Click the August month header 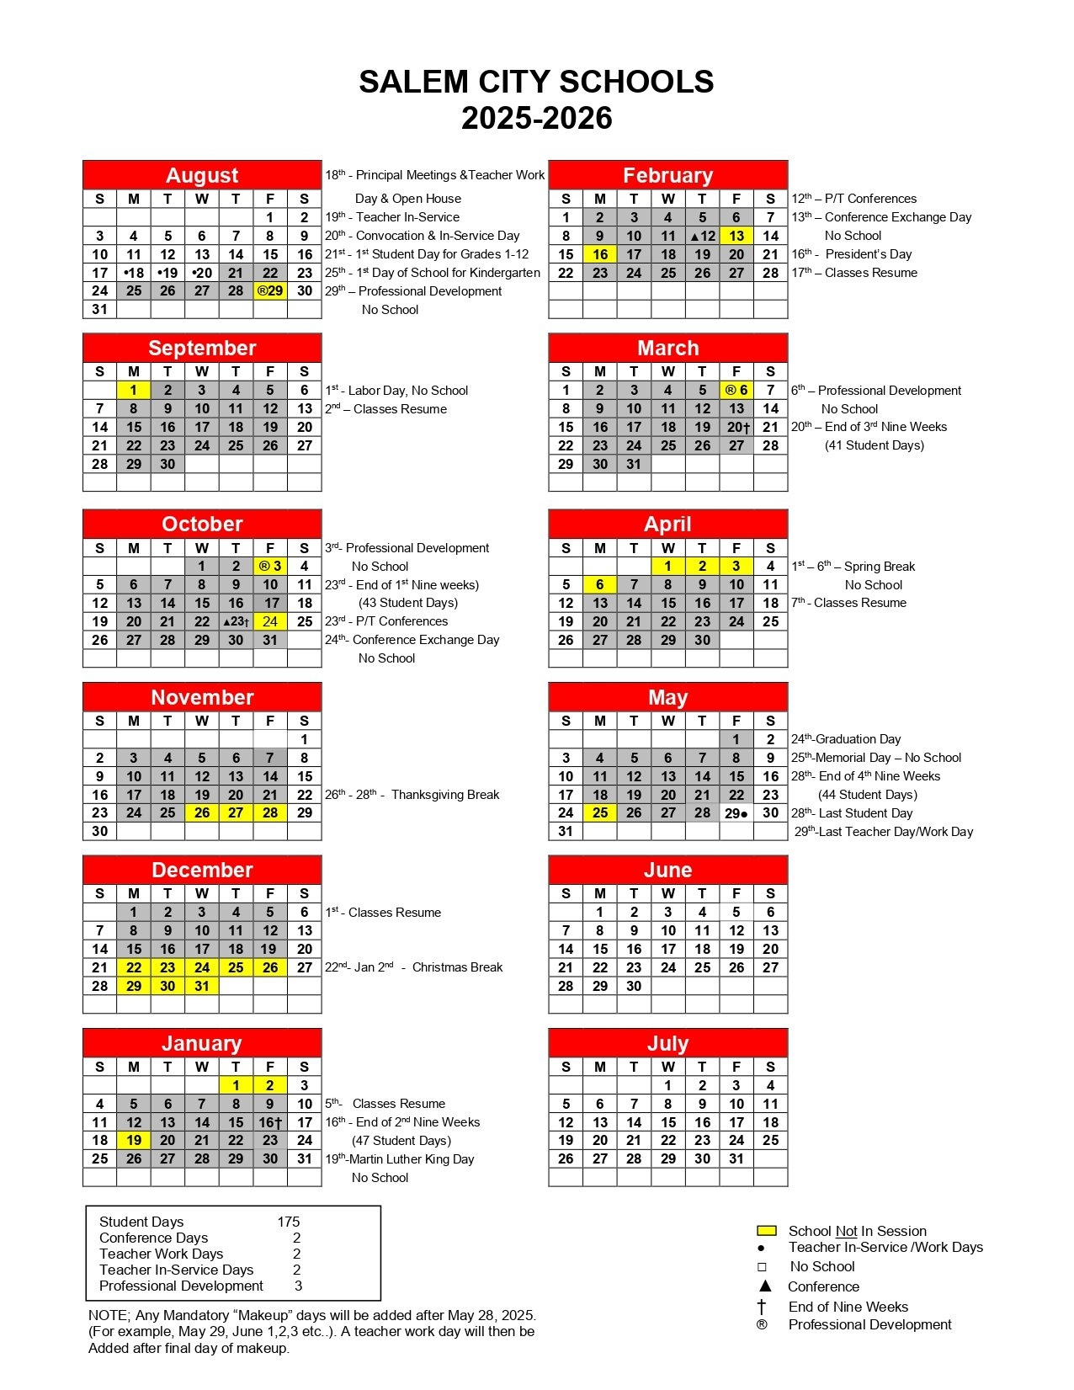(202, 175)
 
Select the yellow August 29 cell (270, 291)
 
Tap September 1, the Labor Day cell (134, 391)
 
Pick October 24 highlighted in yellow (270, 622)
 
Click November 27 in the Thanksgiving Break (236, 813)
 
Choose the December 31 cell (202, 987)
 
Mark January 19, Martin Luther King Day (134, 1141)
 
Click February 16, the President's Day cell (600, 254)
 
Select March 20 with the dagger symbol (737, 428)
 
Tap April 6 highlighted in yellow (600, 585)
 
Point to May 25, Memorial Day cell (600, 813)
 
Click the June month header (667, 871)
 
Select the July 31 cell (736, 1159)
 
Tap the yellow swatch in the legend (766, 1231)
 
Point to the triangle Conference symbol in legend (765, 1286)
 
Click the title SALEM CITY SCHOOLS (536, 82)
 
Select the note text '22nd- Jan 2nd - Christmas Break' (414, 968)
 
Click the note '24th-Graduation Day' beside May (846, 740)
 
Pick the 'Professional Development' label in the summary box (181, 1286)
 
